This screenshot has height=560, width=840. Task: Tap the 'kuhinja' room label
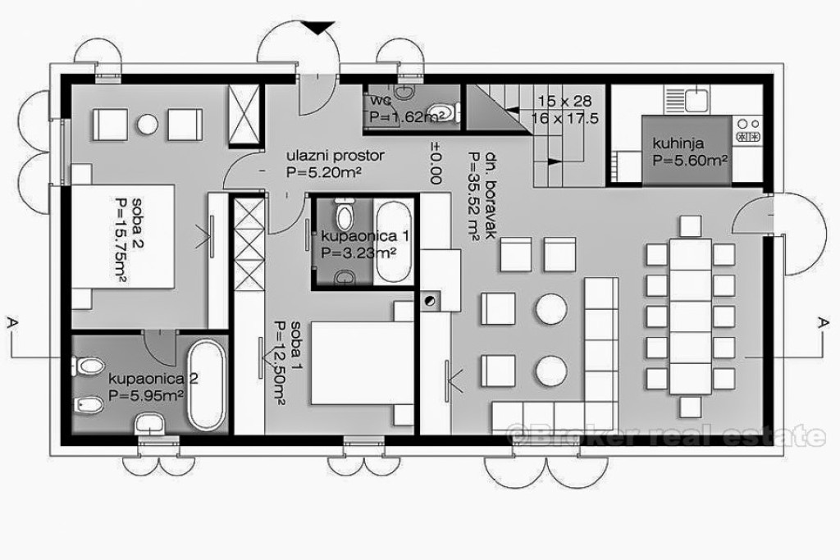tap(678, 143)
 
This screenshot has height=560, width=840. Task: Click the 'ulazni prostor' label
tap(336, 157)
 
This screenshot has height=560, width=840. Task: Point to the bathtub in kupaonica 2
tap(206, 385)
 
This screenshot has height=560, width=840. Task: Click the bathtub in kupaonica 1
tap(393, 242)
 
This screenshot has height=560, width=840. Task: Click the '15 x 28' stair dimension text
tap(564, 100)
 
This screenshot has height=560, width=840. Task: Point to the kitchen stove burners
tap(748, 130)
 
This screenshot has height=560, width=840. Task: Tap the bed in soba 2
tap(123, 237)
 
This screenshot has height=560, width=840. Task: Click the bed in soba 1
tap(362, 362)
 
